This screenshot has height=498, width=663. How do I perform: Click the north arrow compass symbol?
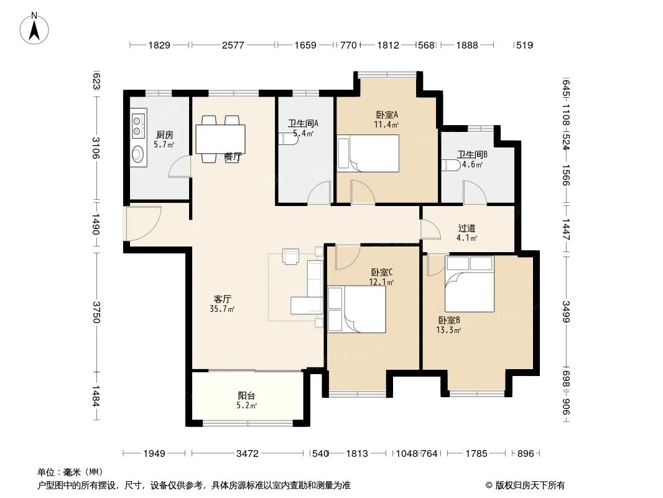click(x=34, y=28)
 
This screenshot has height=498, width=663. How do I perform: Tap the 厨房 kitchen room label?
click(x=164, y=135)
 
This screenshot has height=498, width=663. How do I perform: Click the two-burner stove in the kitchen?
click(x=137, y=126)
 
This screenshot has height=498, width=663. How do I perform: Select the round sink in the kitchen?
click(x=138, y=154)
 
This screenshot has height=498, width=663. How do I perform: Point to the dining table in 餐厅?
click(x=220, y=139)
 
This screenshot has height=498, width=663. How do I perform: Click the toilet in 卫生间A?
click(x=289, y=140)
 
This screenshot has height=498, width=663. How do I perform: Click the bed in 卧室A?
click(x=368, y=153)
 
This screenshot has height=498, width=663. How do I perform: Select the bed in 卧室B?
click(x=470, y=284)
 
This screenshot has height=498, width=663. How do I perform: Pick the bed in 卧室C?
click(x=357, y=309)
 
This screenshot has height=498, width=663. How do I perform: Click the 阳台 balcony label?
click(x=246, y=396)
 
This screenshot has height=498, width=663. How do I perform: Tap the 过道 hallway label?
click(x=467, y=228)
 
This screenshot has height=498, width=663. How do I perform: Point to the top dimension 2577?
click(x=233, y=45)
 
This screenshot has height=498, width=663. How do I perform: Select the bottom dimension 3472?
click(x=248, y=454)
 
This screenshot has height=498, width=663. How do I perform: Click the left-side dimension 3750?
click(x=96, y=312)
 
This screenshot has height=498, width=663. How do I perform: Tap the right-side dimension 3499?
click(x=566, y=311)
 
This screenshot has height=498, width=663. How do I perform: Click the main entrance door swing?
click(x=143, y=223)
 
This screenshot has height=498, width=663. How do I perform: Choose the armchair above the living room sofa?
click(x=290, y=256)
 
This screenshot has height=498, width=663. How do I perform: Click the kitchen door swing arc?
click(x=179, y=166)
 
